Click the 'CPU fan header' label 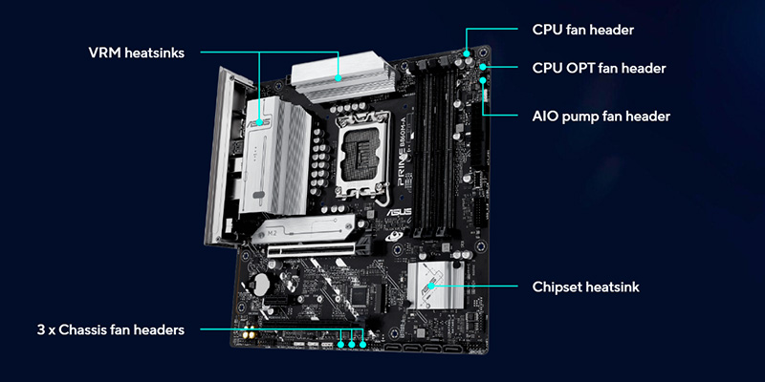tap(582, 30)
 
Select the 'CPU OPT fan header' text tap(599, 68)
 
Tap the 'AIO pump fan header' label tap(601, 117)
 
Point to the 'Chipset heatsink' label tap(585, 287)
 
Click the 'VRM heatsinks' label tap(137, 53)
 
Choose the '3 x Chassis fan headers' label tap(111, 329)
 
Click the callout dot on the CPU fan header tap(467, 53)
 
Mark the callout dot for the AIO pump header tap(483, 80)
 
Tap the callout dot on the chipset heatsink tap(431, 286)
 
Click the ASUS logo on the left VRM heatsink tap(260, 122)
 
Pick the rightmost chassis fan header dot tap(363, 345)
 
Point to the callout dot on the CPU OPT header tap(483, 66)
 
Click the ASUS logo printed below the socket tap(399, 212)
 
